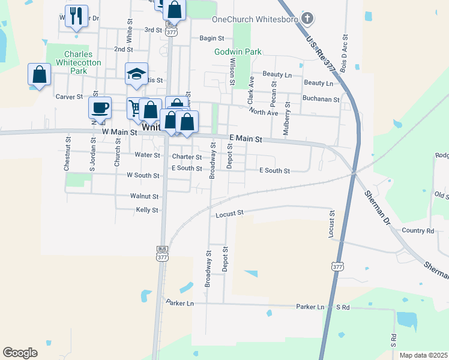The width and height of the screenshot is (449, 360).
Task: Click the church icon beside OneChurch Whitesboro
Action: (307, 19)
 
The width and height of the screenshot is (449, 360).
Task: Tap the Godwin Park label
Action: (238, 52)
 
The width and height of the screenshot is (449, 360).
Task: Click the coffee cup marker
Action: (100, 107)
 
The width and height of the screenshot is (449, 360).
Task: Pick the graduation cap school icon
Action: (136, 74)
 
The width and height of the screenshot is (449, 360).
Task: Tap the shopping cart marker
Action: (136, 109)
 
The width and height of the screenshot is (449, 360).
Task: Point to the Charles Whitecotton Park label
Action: (75, 62)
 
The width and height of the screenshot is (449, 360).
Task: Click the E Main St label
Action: (246, 139)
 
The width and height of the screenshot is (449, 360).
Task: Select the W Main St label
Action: (120, 131)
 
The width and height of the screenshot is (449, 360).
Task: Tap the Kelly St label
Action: (146, 210)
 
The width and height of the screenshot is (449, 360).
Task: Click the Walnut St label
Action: (144, 196)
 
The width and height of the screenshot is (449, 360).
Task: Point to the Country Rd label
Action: (418, 230)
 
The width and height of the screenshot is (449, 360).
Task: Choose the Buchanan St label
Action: (321, 98)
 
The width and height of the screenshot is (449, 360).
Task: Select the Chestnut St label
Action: (67, 156)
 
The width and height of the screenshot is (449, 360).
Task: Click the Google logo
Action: (20, 352)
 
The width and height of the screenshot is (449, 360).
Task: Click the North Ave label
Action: (264, 112)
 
